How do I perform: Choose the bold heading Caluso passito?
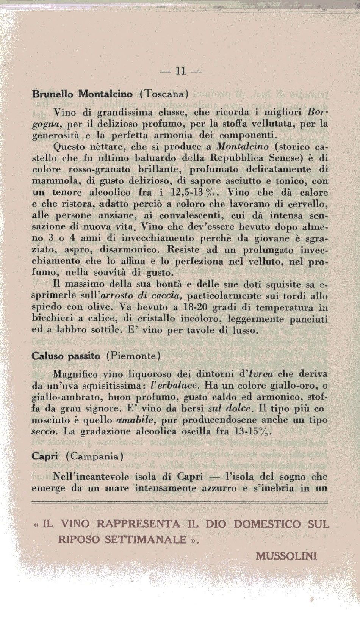(x=66, y=356)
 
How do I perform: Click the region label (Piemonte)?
(x=133, y=356)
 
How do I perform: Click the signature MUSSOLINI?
(x=286, y=556)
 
